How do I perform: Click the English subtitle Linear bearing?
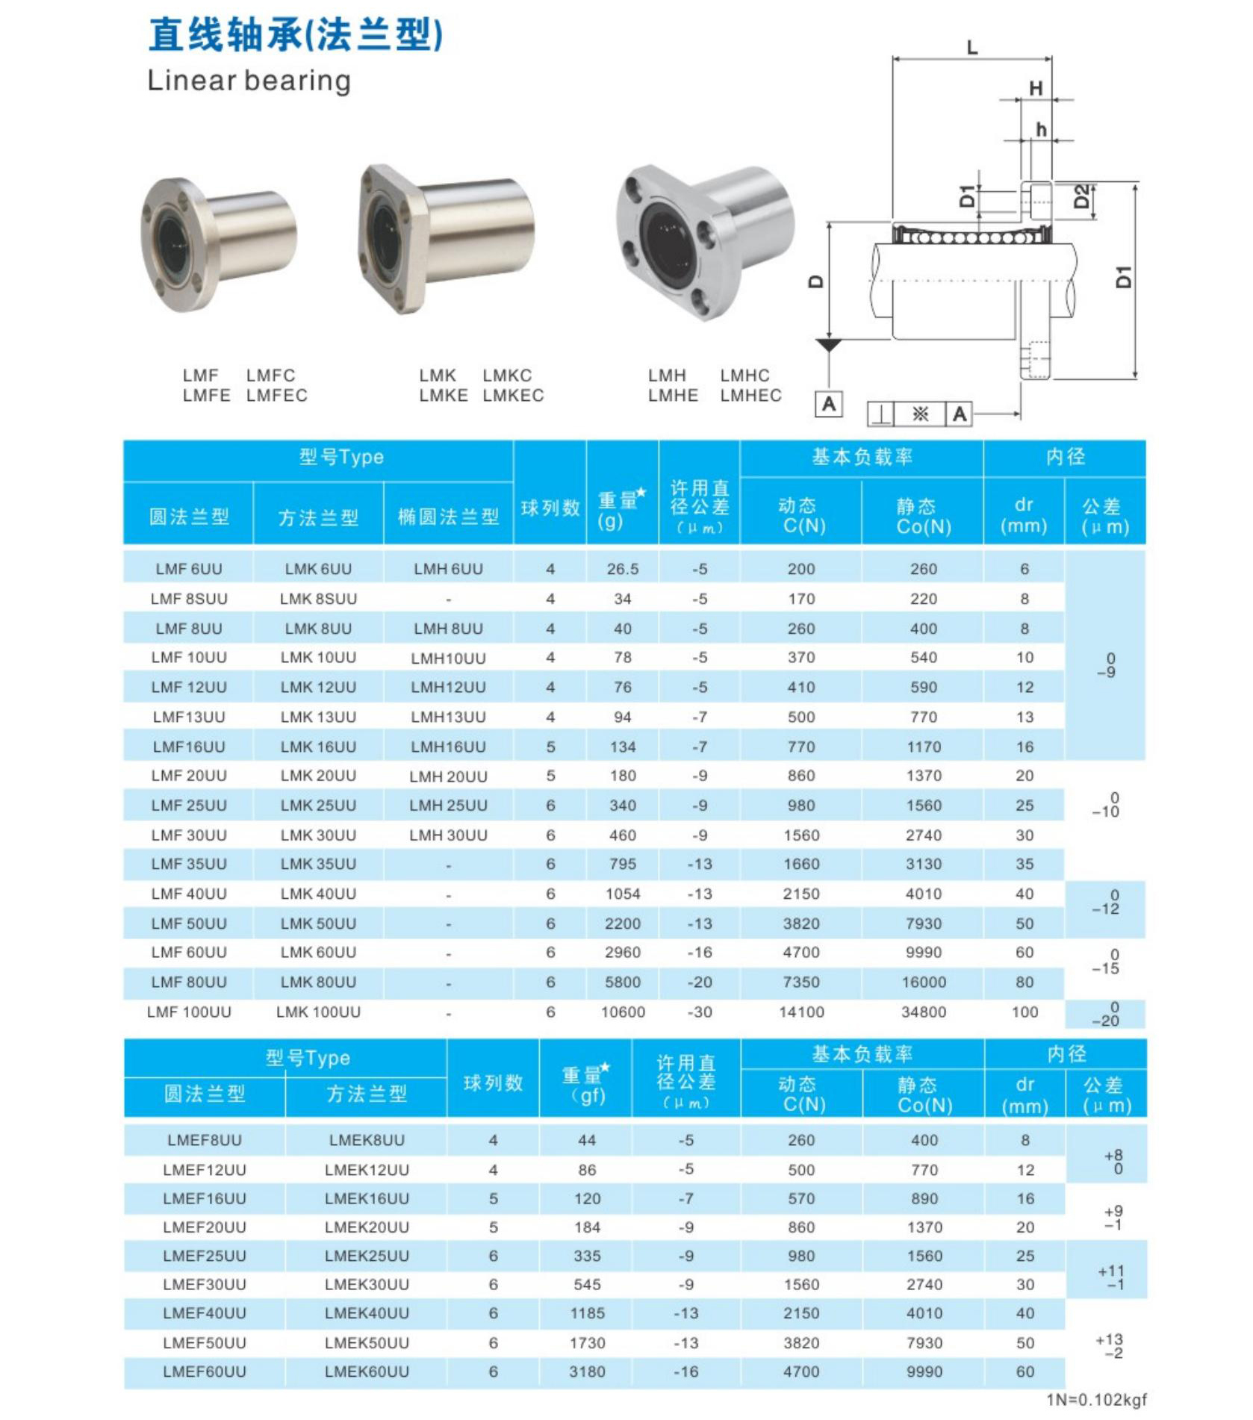(249, 81)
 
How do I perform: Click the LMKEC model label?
(513, 395)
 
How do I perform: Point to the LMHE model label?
(673, 395)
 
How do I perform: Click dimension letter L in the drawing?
(971, 48)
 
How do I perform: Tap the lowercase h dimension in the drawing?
(1041, 130)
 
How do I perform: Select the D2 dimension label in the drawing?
(1081, 197)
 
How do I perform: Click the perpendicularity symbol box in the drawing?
(881, 414)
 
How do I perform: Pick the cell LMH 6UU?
(448, 569)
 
